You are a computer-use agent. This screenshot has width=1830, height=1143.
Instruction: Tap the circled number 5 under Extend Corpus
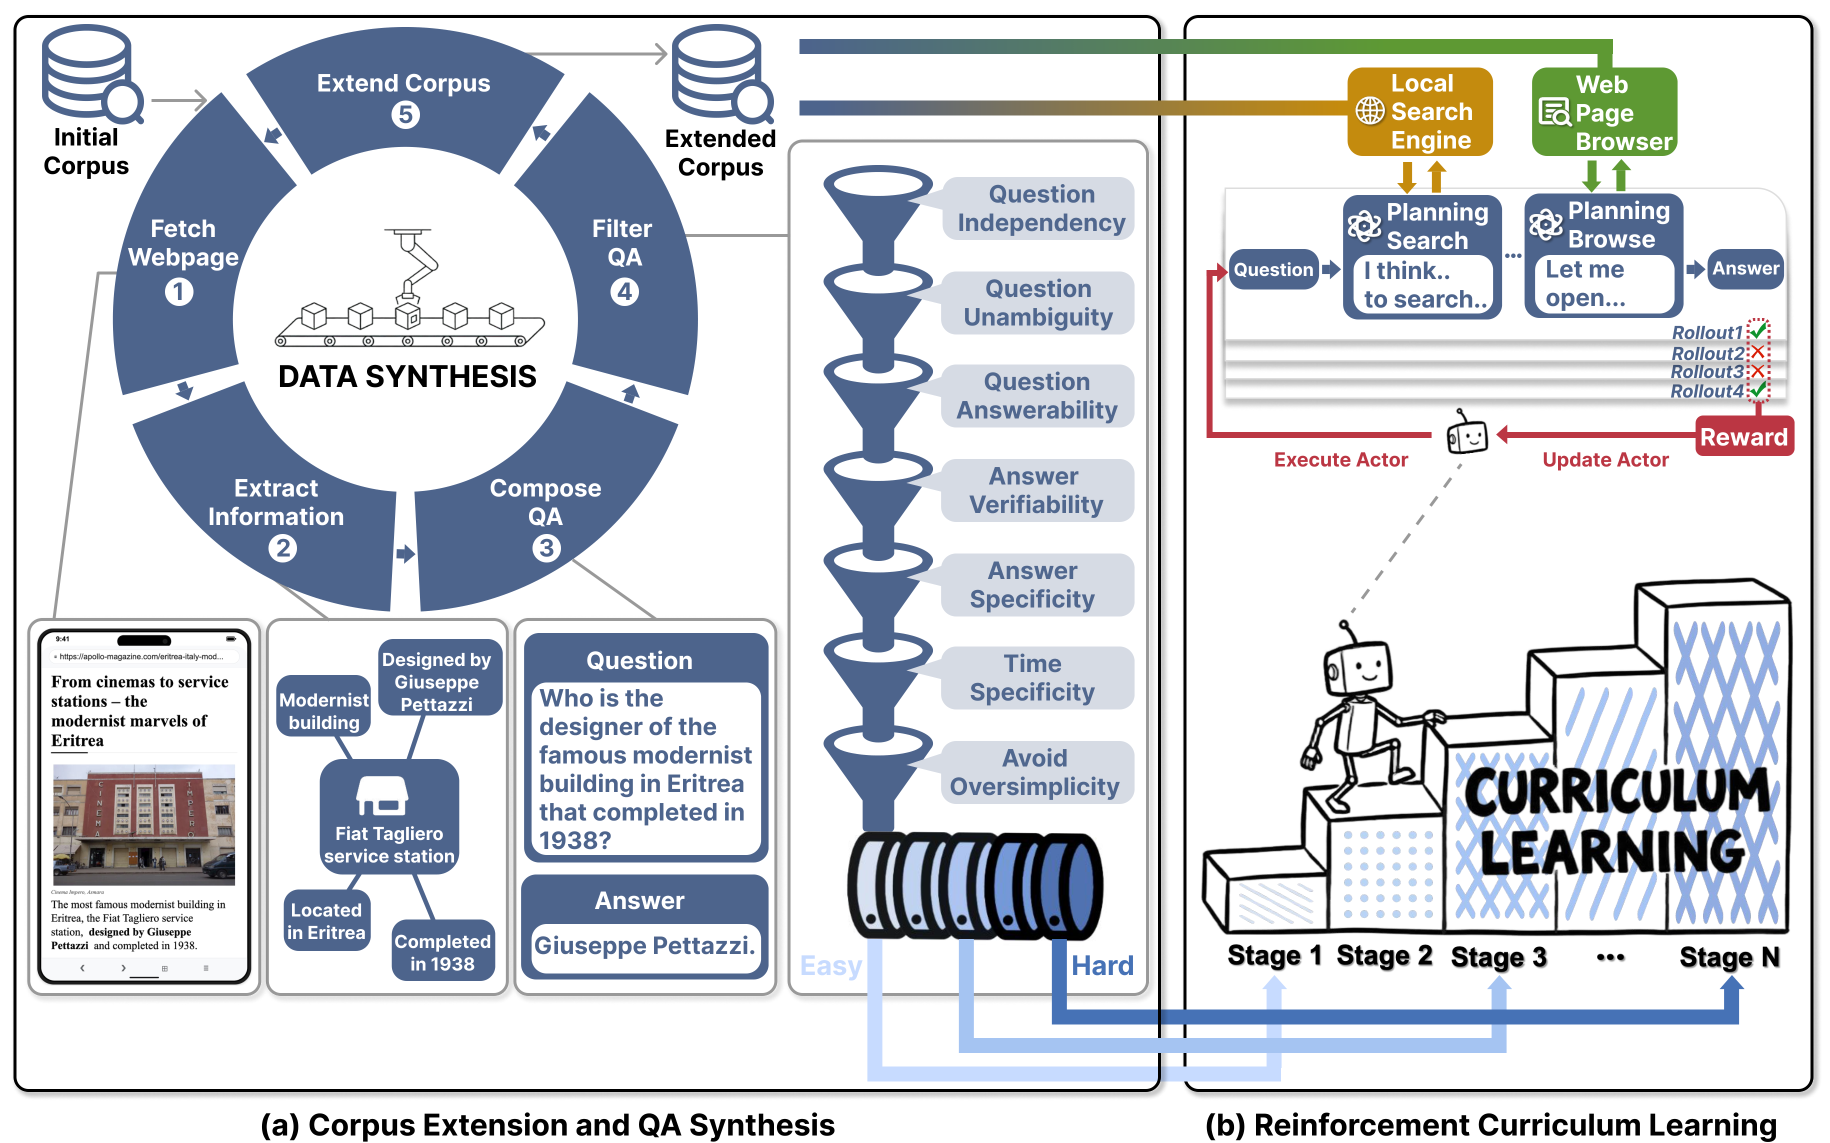405,115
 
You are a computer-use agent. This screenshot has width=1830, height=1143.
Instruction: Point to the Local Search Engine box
1419,112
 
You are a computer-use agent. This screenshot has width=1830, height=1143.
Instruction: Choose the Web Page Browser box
1604,112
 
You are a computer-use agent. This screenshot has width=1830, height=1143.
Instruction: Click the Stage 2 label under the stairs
1383,955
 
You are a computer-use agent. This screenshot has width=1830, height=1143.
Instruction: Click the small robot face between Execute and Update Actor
1466,434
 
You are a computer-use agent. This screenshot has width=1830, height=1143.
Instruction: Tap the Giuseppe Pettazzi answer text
644,945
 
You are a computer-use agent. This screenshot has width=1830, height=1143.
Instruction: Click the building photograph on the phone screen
143,824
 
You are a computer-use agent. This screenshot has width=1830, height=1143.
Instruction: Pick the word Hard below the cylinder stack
1102,965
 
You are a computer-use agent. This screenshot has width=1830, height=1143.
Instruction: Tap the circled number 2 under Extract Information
282,548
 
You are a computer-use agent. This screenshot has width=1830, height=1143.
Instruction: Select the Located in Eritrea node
326,921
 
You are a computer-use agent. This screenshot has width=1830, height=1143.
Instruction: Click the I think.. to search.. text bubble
1422,285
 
